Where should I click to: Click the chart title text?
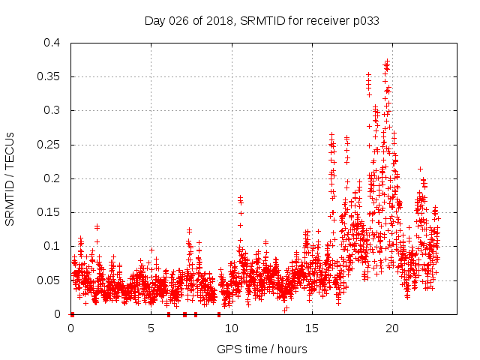(x=262, y=21)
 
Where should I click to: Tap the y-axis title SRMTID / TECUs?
(x=10, y=178)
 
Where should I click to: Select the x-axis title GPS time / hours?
(x=262, y=349)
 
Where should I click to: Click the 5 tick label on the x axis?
(x=151, y=328)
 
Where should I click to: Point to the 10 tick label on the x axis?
(x=231, y=328)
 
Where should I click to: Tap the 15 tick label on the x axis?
(x=311, y=328)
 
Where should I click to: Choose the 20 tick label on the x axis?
(x=391, y=328)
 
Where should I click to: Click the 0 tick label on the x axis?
(x=71, y=328)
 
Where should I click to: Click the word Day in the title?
(x=154, y=21)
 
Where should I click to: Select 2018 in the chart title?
(x=217, y=21)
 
